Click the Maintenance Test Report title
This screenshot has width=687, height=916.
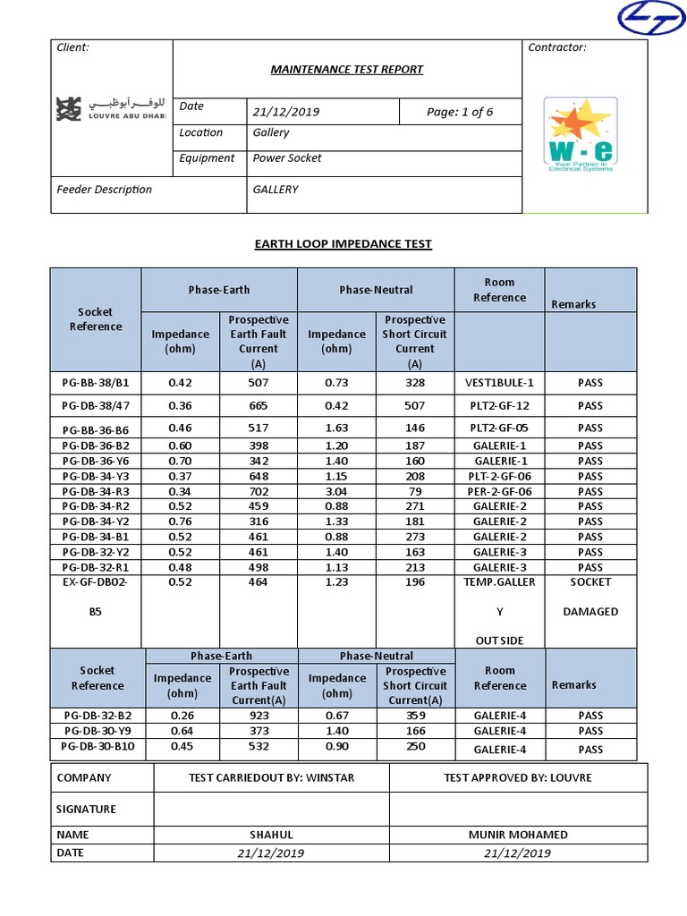tap(347, 69)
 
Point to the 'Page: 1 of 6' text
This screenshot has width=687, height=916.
tap(460, 112)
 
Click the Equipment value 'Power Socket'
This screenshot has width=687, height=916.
tap(287, 158)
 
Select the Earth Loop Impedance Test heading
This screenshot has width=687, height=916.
tap(343, 243)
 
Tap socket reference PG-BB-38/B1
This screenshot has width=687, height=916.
tap(95, 383)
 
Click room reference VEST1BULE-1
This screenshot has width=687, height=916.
tap(499, 383)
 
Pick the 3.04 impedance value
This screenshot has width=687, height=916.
tap(336, 491)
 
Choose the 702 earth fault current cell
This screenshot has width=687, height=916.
tap(258, 491)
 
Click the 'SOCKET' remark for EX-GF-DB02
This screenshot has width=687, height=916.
tap(589, 581)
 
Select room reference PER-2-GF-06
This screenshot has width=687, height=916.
tap(500, 491)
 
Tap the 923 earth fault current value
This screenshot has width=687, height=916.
tap(258, 716)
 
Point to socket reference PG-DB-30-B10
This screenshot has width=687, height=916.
tap(98, 746)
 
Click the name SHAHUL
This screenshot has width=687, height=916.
tap(271, 835)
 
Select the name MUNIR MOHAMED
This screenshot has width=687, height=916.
tap(518, 835)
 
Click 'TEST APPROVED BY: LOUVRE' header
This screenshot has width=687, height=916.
tap(518, 777)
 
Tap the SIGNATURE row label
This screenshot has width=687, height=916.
tap(87, 809)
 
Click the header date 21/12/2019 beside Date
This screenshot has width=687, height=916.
tap(286, 112)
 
